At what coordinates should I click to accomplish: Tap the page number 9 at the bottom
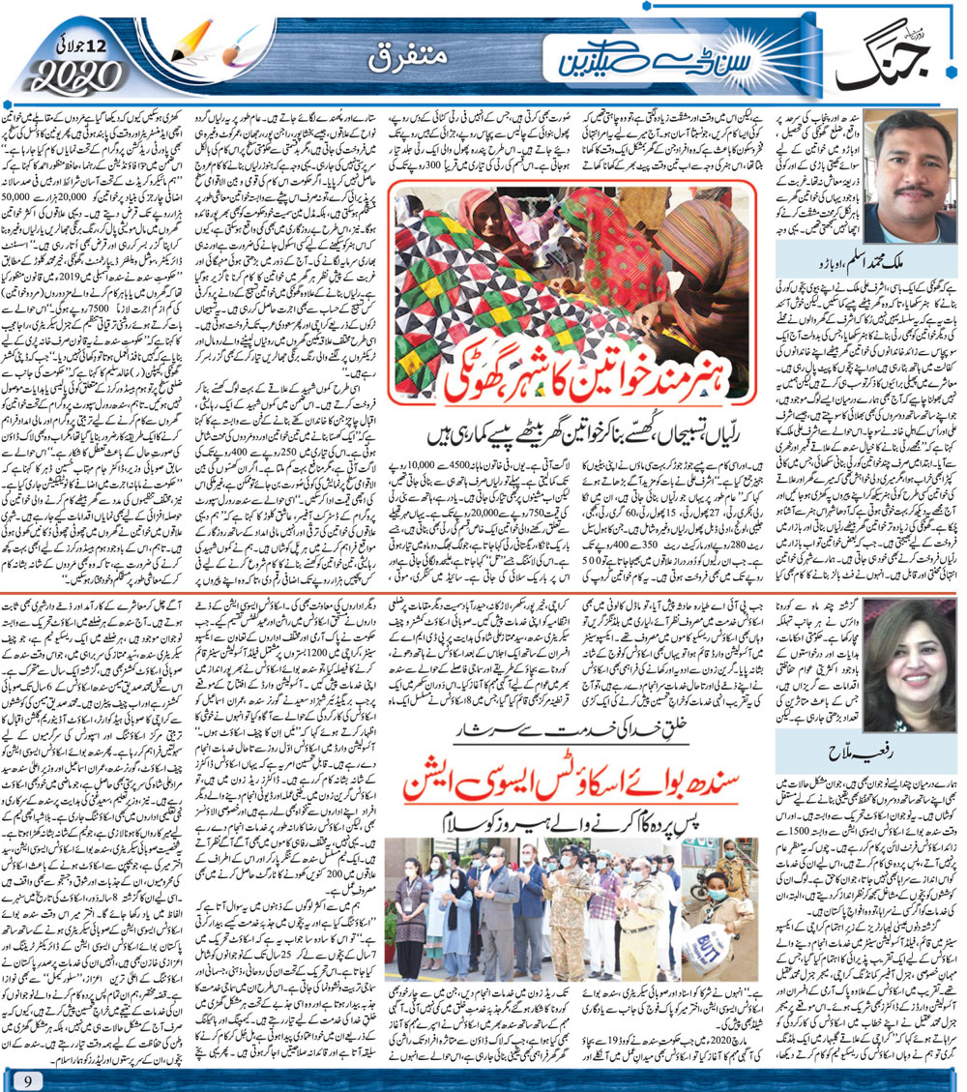[x=30, y=1074]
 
